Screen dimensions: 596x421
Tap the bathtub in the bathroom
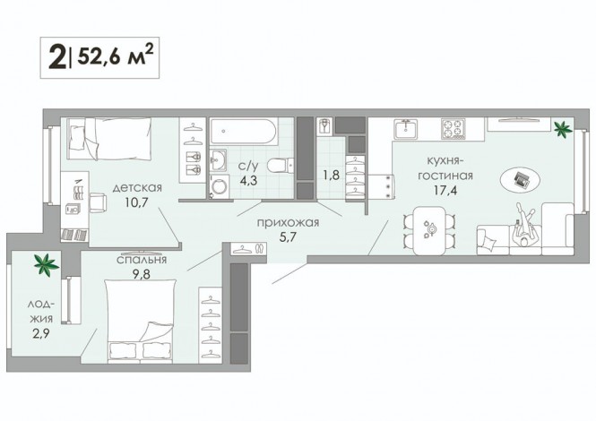pyautogui.click(x=243, y=132)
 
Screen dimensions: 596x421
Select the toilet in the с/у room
pyautogui.click(x=281, y=166)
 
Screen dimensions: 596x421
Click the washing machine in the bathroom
pyautogui.click(x=220, y=186)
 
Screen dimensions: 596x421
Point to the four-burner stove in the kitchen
pyautogui.click(x=453, y=128)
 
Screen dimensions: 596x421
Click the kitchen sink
pyautogui.click(x=405, y=129)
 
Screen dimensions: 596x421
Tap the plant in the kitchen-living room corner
pyautogui.click(x=563, y=129)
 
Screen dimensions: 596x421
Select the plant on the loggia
pyautogui.click(x=46, y=264)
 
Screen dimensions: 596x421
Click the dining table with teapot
pyautogui.click(x=429, y=230)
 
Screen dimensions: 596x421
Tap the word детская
pyautogui.click(x=137, y=188)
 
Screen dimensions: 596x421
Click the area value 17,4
pyautogui.click(x=445, y=190)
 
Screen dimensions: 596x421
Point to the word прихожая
pyautogui.click(x=288, y=223)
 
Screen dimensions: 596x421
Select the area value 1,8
pyautogui.click(x=332, y=176)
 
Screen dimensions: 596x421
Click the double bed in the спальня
pyautogui.click(x=140, y=322)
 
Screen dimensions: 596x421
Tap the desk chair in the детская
pyautogui.click(x=98, y=202)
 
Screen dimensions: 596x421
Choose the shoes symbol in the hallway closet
pyautogui.click(x=259, y=249)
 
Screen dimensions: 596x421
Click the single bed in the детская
pyautogui.click(x=108, y=138)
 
